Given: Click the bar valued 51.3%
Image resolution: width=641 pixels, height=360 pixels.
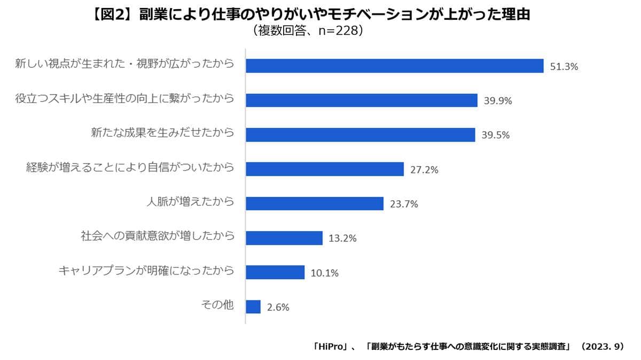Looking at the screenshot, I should click(394, 66).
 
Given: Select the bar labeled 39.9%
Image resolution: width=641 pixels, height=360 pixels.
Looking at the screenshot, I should click(361, 100).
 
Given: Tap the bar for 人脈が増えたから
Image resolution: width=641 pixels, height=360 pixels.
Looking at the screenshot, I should click(314, 204).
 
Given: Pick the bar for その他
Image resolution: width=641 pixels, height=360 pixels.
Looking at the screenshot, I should click(253, 307).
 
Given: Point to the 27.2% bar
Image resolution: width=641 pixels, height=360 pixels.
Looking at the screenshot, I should click(324, 169).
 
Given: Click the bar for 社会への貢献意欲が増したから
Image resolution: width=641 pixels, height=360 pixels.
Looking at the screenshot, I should click(284, 238).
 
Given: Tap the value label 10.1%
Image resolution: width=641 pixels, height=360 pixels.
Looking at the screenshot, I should click(324, 273).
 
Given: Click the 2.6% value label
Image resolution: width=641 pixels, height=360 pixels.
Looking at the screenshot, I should click(278, 307).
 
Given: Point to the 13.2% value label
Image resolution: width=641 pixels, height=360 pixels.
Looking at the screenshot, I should click(342, 238).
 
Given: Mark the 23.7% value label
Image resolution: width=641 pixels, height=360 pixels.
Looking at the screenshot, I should click(403, 204).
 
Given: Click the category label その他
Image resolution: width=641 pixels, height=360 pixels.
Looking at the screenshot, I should click(217, 306).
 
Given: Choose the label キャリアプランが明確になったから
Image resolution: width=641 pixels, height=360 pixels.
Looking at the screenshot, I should click(146, 271).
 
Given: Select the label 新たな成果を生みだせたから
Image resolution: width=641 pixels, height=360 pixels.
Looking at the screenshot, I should click(163, 134).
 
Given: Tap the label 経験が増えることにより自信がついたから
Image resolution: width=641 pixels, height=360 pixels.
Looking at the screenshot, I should click(130, 168).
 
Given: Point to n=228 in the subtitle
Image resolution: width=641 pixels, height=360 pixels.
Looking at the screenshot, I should click(332, 31).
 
